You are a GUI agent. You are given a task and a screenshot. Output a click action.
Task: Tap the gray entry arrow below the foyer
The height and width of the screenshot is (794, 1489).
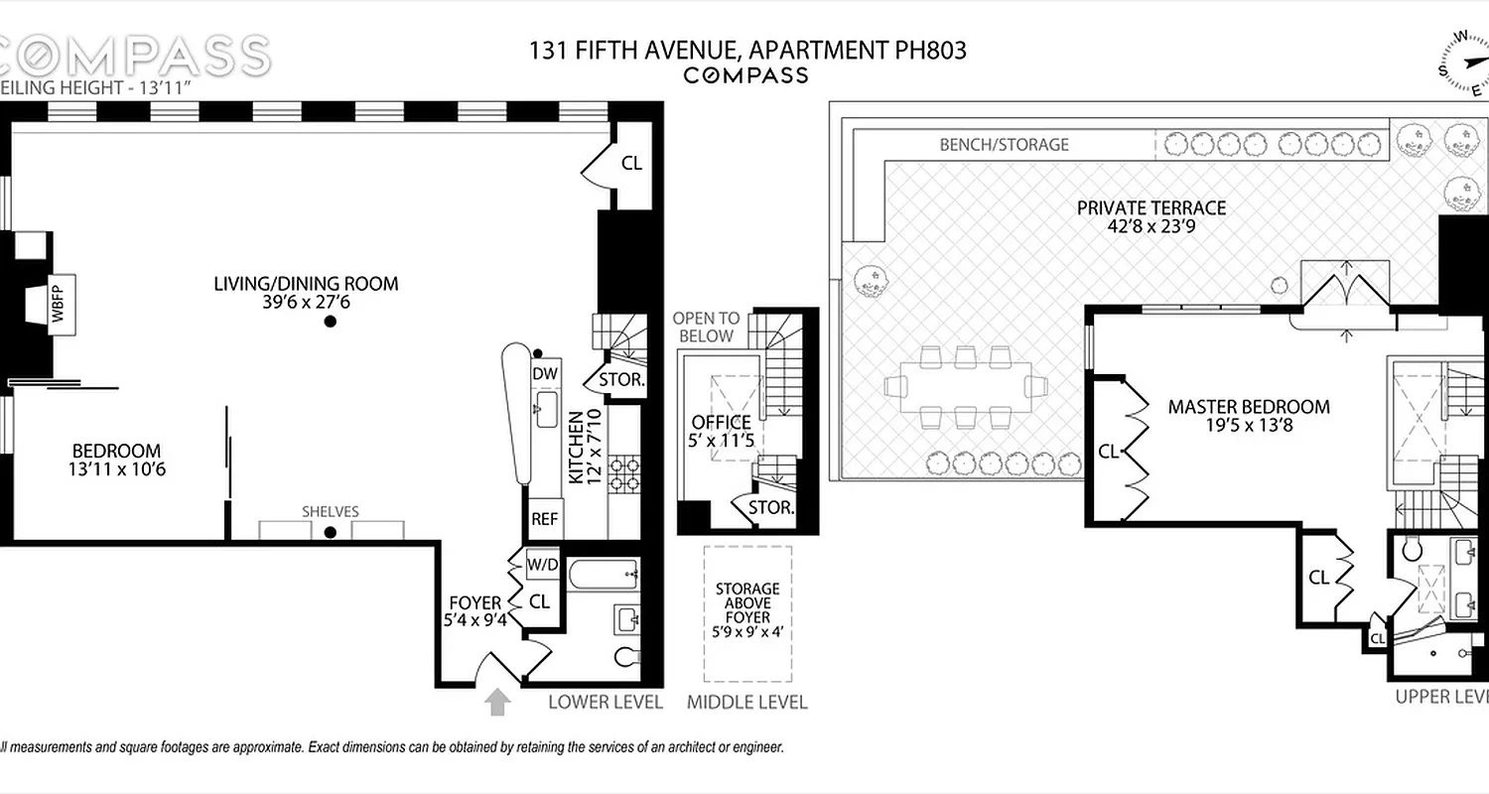click(498, 703)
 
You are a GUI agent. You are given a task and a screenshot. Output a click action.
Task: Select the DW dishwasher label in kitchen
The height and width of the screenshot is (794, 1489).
click(544, 374)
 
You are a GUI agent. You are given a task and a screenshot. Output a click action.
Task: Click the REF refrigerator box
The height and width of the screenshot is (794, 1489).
click(544, 518)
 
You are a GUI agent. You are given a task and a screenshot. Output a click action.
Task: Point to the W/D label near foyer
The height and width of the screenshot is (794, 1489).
click(542, 565)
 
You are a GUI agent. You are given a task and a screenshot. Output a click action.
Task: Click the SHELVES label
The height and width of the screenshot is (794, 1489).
click(331, 511)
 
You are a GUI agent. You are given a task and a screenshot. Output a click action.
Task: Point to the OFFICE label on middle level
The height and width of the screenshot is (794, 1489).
click(722, 423)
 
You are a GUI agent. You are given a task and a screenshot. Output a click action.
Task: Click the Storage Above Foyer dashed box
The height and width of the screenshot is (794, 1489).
click(747, 613)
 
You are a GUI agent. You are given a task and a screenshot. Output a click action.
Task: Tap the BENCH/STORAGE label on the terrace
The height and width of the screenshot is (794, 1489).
click(1004, 145)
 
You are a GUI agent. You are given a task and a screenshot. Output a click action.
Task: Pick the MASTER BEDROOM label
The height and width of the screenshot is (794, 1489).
click(1248, 407)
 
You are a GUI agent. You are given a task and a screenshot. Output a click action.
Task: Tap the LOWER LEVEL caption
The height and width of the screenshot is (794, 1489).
click(606, 703)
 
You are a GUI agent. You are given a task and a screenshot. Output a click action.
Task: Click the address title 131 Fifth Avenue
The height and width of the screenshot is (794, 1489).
click(747, 50)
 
